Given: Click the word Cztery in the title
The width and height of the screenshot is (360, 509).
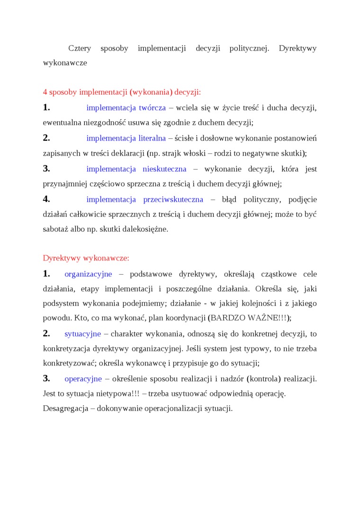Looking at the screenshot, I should [x=80, y=48].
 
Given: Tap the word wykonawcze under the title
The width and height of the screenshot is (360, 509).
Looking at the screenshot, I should [x=65, y=63].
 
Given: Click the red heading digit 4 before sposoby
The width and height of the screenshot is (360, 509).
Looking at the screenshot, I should [x=45, y=92].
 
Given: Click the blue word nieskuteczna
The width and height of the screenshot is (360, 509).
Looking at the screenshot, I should [x=164, y=169].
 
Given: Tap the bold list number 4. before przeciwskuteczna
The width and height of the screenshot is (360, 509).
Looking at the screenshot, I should [x=46, y=199].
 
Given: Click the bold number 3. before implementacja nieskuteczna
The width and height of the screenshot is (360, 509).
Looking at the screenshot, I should [x=46, y=169].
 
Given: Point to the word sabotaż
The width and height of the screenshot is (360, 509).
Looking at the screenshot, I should [x=55, y=229].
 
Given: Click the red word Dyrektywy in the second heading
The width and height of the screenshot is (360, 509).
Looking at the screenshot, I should [x=62, y=258].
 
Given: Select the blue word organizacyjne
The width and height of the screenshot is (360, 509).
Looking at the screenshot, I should [x=88, y=274].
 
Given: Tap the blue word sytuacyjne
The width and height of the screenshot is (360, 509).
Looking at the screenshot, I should [x=82, y=334].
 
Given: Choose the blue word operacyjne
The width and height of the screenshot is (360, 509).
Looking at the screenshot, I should [x=83, y=379].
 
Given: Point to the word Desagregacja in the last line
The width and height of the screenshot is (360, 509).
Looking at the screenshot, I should [x=65, y=408].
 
